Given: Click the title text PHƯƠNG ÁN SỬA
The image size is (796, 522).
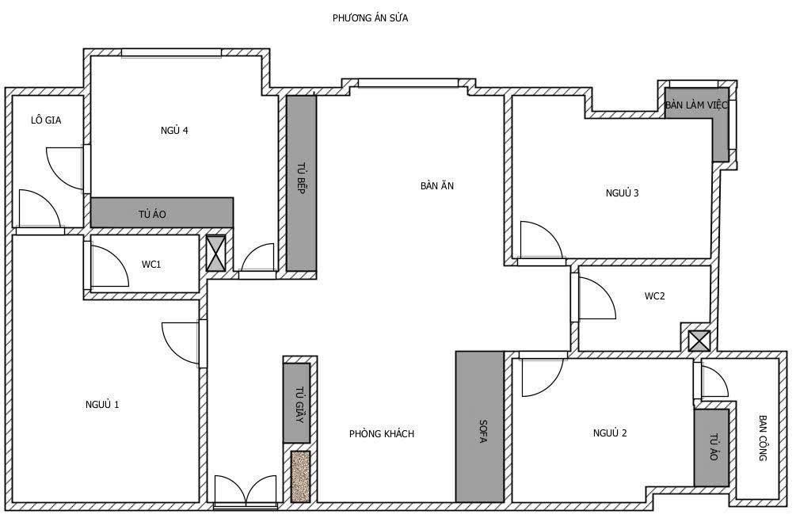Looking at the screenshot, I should (371, 17).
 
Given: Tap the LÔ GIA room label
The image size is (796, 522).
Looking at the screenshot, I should (46, 120).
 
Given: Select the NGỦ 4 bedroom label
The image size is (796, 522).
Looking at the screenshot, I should (173, 131).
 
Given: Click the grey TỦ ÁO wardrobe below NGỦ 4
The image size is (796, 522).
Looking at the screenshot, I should (162, 212).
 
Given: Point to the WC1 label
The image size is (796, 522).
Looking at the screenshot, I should (151, 264).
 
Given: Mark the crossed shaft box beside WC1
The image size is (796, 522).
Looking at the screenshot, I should (215, 253).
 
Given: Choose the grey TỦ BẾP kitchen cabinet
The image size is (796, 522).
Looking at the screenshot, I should (301, 182).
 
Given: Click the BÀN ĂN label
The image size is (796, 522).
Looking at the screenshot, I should (437, 186).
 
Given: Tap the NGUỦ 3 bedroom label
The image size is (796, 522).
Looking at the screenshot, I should (622, 192).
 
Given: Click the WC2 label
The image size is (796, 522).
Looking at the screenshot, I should (654, 296).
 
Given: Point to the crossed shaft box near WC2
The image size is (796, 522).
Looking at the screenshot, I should (699, 341).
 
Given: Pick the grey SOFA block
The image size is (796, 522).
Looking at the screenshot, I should (479, 427).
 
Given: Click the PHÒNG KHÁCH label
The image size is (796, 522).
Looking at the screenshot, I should (381, 434).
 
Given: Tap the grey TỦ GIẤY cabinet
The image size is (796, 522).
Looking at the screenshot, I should (296, 403).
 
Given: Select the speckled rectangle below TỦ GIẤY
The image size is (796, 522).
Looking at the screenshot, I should (299, 476).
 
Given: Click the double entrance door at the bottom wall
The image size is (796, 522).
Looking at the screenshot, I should (246, 490).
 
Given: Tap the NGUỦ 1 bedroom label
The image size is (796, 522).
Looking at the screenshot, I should (102, 405).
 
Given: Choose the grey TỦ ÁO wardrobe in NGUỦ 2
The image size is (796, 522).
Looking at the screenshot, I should (711, 448).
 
